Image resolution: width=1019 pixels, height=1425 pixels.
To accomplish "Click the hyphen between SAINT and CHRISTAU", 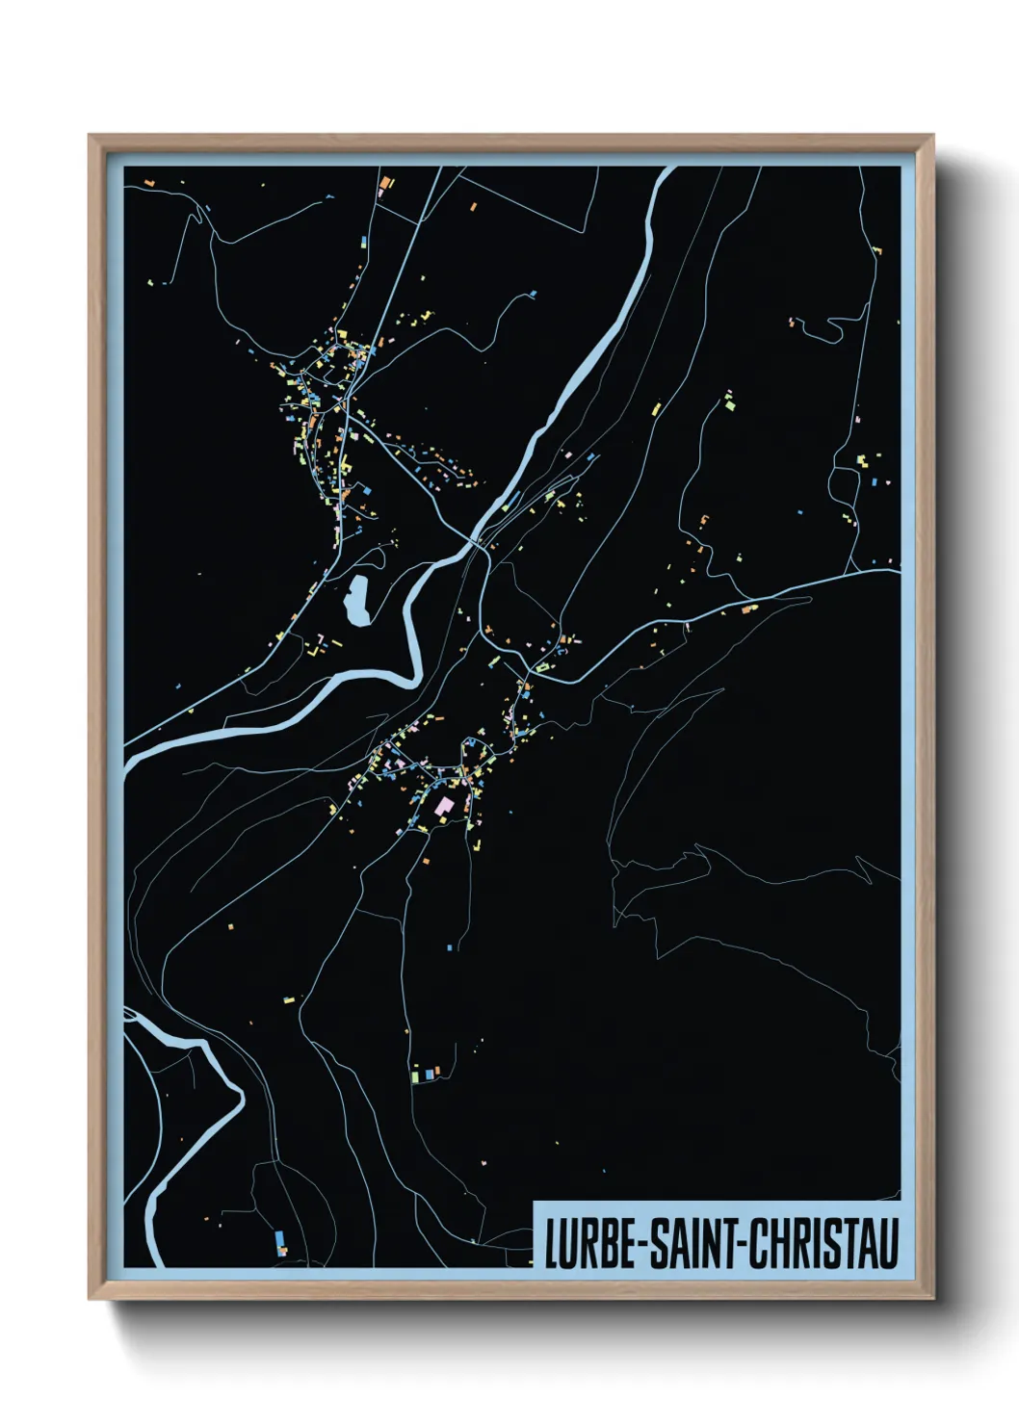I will (741, 1245).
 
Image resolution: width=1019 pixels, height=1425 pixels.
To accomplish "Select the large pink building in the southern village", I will (443, 805).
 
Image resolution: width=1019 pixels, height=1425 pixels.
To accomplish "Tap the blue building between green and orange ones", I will (425, 1072).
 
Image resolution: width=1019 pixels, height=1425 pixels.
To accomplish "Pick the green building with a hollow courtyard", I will (542, 666).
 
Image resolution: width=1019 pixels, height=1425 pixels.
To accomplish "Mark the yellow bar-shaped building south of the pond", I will (334, 642).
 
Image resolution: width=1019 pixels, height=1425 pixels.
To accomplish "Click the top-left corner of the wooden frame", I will (90, 136).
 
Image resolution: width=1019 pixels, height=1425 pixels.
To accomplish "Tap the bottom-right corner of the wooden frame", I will (933, 1299).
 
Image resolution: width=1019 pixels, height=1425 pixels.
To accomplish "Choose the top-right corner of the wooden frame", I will (933, 136).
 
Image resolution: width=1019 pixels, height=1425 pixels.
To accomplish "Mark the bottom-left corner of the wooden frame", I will (90, 1299).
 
